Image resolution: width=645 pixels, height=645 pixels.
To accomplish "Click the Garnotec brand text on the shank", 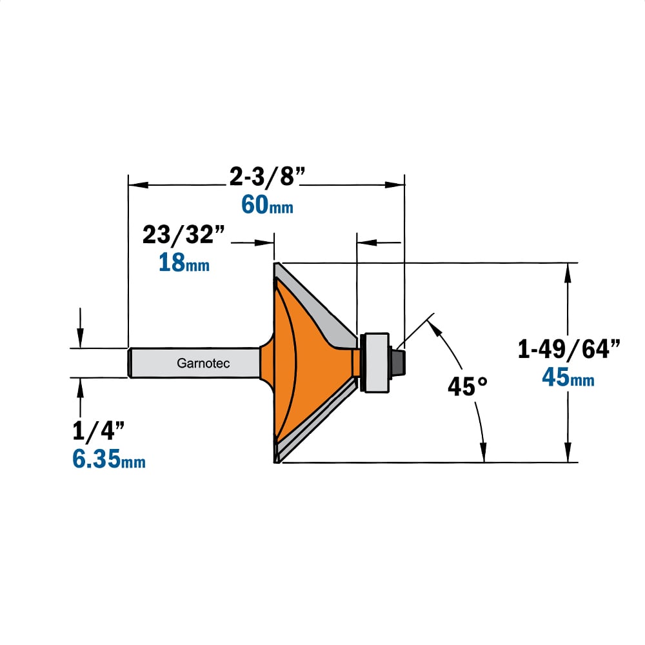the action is (x=203, y=363).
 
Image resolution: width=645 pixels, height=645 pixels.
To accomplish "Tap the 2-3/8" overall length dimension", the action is (x=268, y=177).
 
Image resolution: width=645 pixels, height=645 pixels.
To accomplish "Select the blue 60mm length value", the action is (x=268, y=204).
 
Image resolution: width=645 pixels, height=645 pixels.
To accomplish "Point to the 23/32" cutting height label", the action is (x=183, y=235).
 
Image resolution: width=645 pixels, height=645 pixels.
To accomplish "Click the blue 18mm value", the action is (x=184, y=262).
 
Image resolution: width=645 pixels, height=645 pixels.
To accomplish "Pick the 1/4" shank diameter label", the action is (x=98, y=431).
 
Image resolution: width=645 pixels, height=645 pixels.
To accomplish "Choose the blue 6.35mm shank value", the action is (x=109, y=459).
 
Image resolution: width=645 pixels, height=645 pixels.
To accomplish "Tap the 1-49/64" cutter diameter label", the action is (x=568, y=349).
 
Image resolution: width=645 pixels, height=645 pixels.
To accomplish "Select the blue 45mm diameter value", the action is (x=568, y=377).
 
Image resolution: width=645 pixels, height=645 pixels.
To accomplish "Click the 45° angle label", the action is (x=468, y=386).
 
